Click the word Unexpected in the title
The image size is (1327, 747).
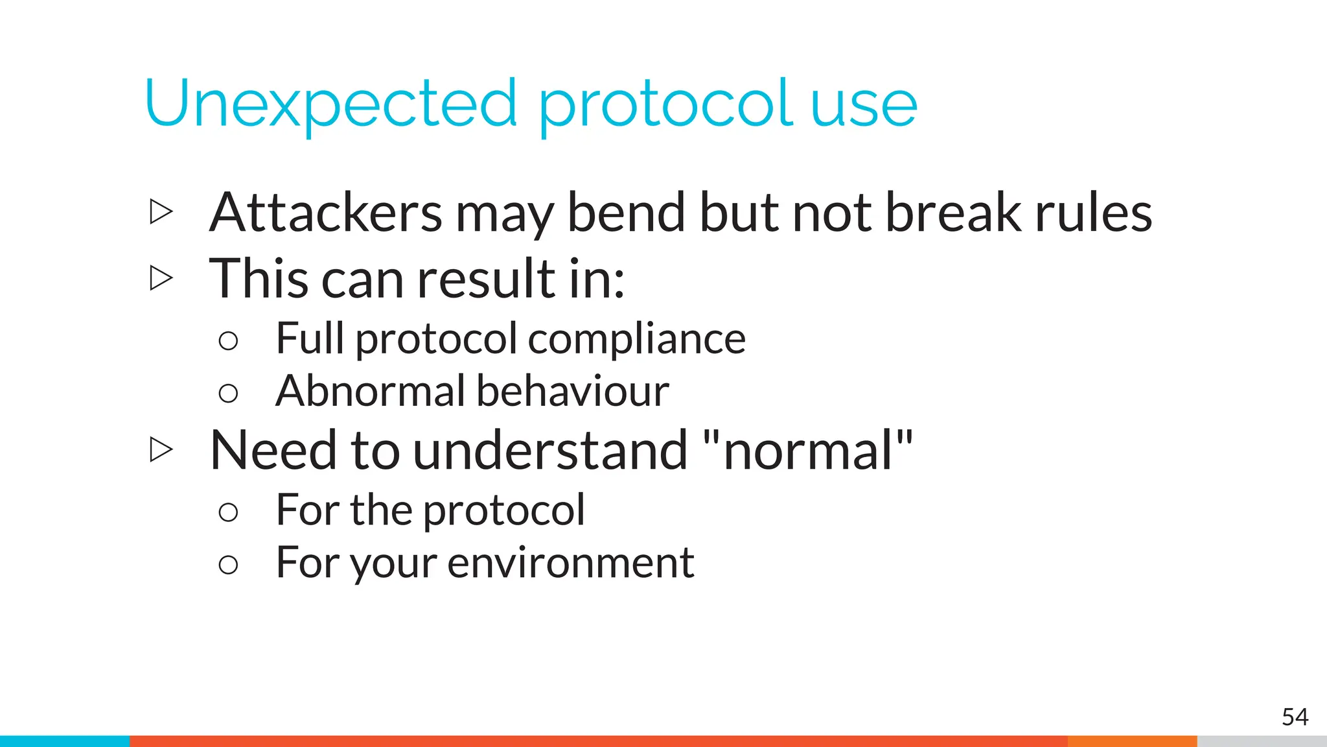point(330,104)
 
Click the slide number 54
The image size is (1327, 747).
point(1295,717)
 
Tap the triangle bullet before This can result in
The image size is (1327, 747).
point(161,278)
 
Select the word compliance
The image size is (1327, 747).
point(637,339)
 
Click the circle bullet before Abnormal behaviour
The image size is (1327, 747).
point(228,393)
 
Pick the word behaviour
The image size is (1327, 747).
point(573,391)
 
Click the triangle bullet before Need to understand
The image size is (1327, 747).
point(161,449)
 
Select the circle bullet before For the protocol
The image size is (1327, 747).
point(228,512)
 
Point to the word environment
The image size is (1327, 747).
point(570,563)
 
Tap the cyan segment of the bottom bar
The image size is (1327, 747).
point(65,741)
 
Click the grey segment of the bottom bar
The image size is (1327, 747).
point(1262,741)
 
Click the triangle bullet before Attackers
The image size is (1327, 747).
point(161,211)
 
